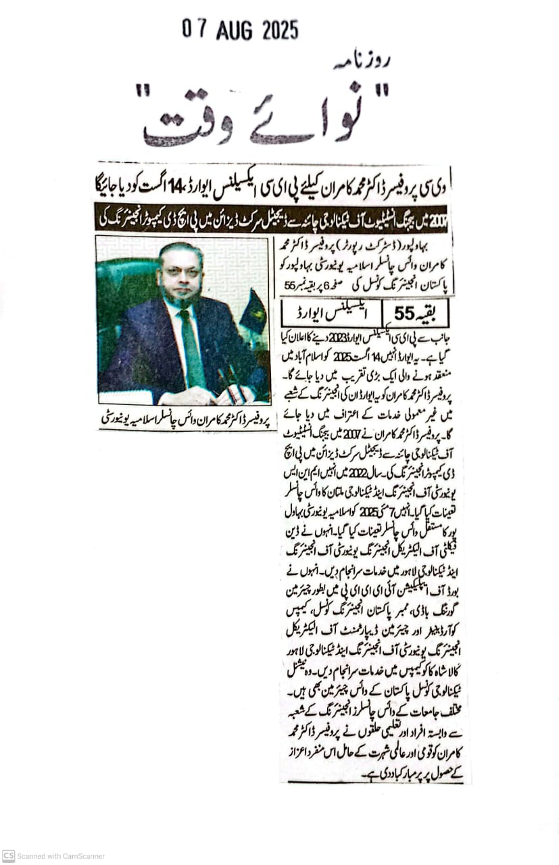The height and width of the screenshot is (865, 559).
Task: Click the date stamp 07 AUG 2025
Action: [240, 30]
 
